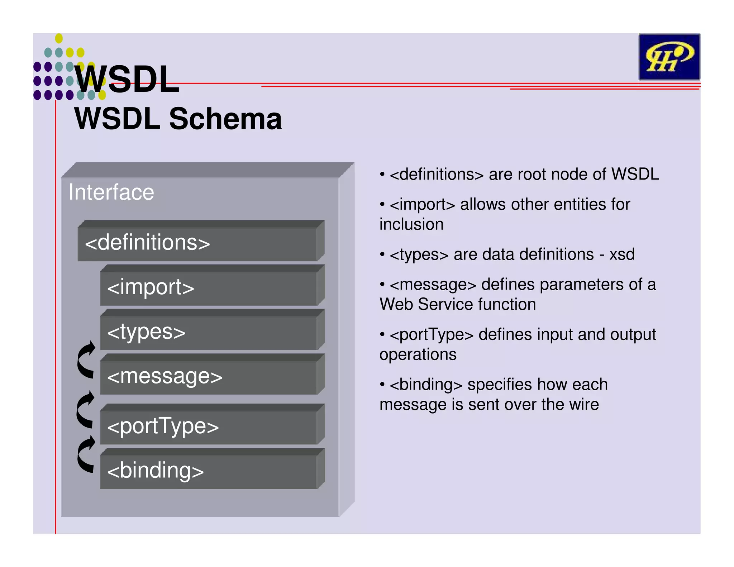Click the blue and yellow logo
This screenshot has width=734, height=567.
pos(669,57)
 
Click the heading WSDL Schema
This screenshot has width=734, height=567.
pos(178,119)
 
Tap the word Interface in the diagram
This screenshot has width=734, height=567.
pos(111,192)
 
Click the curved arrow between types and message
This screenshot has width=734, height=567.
pos(86,359)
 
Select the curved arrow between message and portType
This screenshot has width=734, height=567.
pos(86,410)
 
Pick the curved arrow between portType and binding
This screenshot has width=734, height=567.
pos(86,454)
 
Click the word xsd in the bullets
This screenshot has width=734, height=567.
pos(622,254)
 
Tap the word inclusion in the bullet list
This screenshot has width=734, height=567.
pos(411,224)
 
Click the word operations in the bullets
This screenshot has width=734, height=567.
pos(418,354)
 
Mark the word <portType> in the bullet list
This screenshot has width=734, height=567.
pos(432,335)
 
